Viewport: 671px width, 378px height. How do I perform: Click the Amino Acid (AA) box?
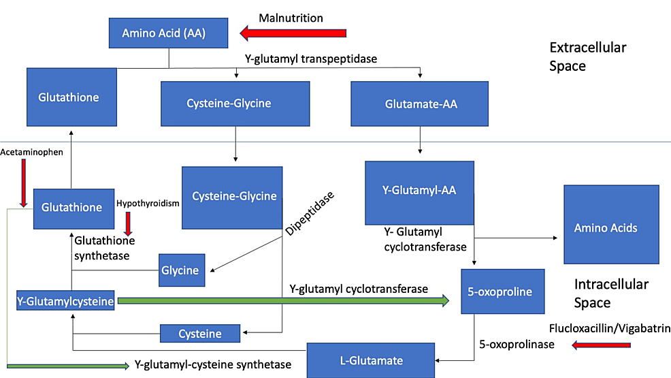tap(163, 33)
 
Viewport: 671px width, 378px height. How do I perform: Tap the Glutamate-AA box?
tap(420, 104)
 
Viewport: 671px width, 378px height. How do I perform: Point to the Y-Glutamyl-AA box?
tap(419, 192)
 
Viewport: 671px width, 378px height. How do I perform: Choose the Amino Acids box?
tap(611, 224)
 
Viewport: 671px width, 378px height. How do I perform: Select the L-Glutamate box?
tap(371, 360)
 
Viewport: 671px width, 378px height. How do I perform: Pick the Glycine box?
tap(180, 270)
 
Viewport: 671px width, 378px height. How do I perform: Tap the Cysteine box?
tap(200, 334)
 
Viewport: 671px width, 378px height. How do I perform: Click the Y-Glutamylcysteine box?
tap(65, 300)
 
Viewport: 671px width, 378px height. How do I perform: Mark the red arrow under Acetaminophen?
tap(24, 183)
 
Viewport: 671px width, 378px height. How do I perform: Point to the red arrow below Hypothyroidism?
tap(129, 223)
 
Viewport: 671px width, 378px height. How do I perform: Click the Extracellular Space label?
tap(587, 57)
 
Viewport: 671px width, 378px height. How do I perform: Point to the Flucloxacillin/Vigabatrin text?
tap(609, 328)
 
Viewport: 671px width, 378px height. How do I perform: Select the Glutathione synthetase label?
tap(105, 248)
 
